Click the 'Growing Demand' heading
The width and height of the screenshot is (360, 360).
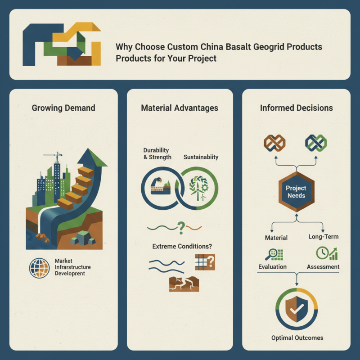click(x=63, y=108)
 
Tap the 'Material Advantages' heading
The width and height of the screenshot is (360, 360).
click(x=180, y=108)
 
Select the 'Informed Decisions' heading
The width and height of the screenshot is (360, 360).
click(x=297, y=108)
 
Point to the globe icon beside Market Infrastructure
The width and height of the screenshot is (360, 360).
click(x=39, y=268)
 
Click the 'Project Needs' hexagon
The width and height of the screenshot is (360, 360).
click(x=297, y=192)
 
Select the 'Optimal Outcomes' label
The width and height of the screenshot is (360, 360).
click(x=297, y=338)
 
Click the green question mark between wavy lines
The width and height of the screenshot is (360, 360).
click(x=181, y=228)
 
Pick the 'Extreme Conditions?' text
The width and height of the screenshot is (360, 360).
click(x=182, y=246)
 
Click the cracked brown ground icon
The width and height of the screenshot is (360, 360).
click(x=184, y=284)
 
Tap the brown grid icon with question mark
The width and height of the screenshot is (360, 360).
click(x=205, y=262)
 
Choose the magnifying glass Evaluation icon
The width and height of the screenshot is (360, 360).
click(x=274, y=254)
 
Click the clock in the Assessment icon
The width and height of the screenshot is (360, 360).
click(x=322, y=253)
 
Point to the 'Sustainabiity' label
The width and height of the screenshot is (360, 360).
click(x=201, y=157)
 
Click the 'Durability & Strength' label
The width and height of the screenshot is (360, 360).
click(x=157, y=153)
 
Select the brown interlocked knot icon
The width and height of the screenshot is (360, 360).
click(x=274, y=143)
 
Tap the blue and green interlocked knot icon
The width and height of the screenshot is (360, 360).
click(x=316, y=143)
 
